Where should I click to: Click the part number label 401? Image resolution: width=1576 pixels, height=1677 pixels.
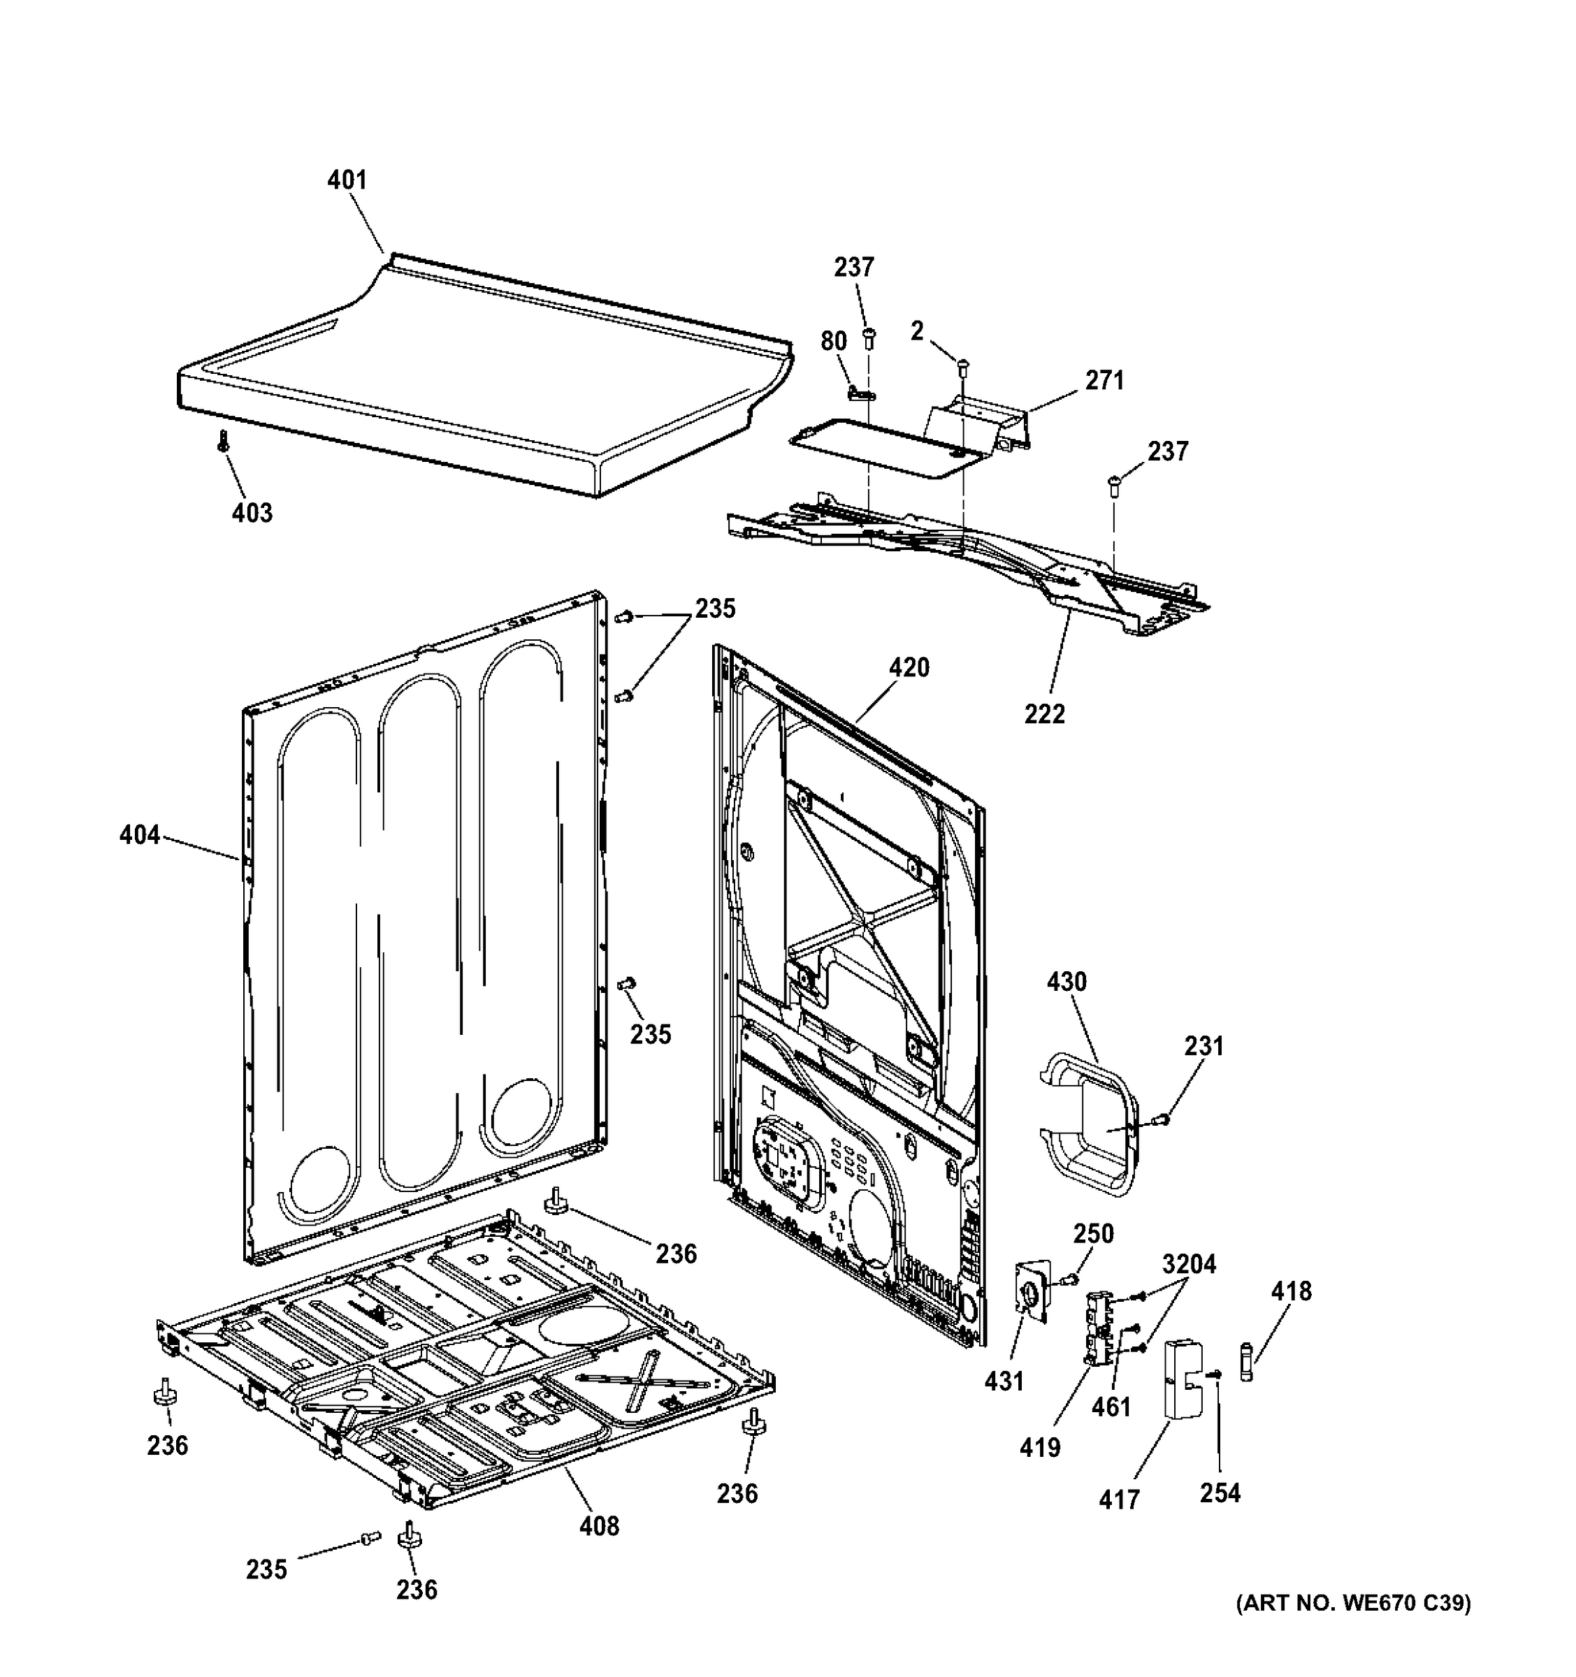pos(347,180)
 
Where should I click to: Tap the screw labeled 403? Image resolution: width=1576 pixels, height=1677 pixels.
pos(224,440)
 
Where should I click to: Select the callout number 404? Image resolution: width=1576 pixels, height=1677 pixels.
pos(139,835)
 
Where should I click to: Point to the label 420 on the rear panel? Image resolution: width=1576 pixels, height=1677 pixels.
pos(909,667)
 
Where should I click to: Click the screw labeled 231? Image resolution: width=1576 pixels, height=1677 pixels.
pos(1162,1119)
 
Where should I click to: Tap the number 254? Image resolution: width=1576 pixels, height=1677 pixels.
pos(1220,1493)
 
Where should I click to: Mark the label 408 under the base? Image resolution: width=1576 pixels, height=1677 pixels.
pos(599,1525)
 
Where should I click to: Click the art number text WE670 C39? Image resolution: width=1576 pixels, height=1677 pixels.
pos(1353,1627)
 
